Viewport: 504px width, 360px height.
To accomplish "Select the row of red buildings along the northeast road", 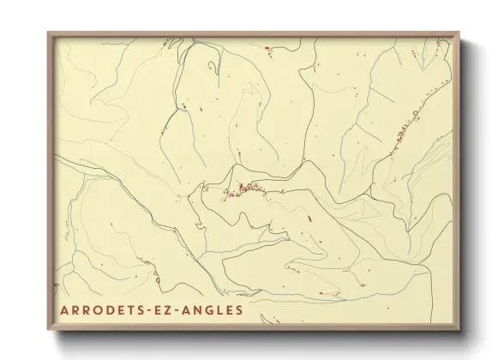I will pyautogui.click(x=403, y=129).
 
